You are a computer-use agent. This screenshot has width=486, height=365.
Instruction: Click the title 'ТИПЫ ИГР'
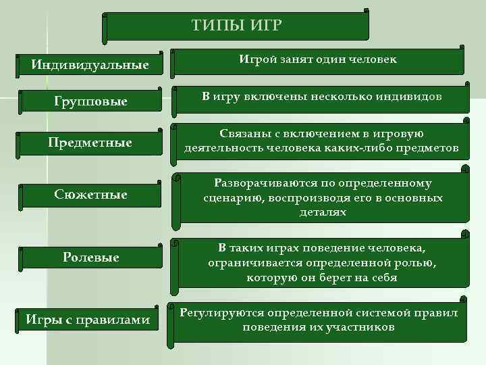coord(236,26)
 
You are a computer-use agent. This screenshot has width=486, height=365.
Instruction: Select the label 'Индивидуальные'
coord(90,66)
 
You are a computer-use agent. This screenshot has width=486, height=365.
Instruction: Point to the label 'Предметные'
coord(90,143)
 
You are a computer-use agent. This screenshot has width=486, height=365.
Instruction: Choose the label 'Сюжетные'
coord(90,195)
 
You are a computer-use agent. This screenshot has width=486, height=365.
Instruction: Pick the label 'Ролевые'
coord(90,257)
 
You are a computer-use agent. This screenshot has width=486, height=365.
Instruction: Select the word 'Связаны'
coord(244,135)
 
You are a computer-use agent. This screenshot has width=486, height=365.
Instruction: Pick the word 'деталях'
coord(323,212)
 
